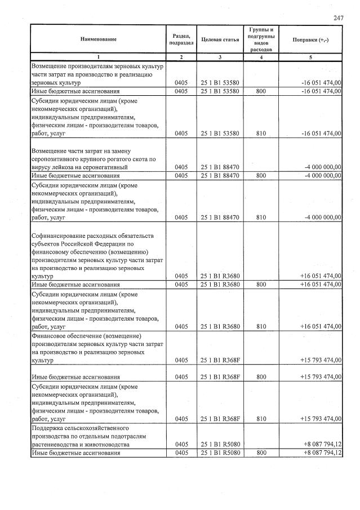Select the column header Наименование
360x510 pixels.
98,39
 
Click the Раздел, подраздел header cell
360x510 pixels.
181,39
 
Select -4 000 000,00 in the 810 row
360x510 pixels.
322,217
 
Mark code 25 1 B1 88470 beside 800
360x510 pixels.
220,175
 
